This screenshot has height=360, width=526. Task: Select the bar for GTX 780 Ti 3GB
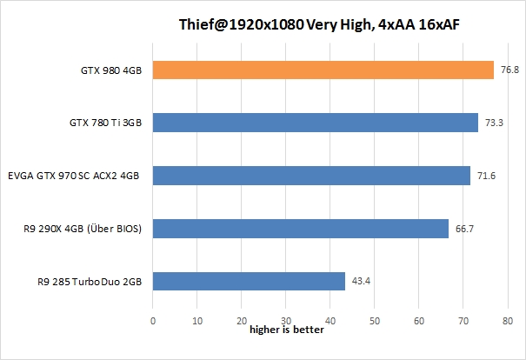point(316,123)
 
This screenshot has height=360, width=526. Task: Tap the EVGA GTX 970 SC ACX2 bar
point(311,176)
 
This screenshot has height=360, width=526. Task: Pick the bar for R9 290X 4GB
point(301,228)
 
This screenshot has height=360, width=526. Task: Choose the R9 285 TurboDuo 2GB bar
point(249,281)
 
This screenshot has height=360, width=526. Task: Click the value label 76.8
point(509,70)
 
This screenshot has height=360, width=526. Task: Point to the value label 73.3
point(494,123)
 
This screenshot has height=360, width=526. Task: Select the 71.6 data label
point(486,177)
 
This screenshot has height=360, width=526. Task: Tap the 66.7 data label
point(464,229)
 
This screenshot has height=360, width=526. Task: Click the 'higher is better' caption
point(287,330)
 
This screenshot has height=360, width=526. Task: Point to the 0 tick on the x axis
point(153,321)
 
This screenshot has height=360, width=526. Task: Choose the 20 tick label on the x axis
point(242,321)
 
